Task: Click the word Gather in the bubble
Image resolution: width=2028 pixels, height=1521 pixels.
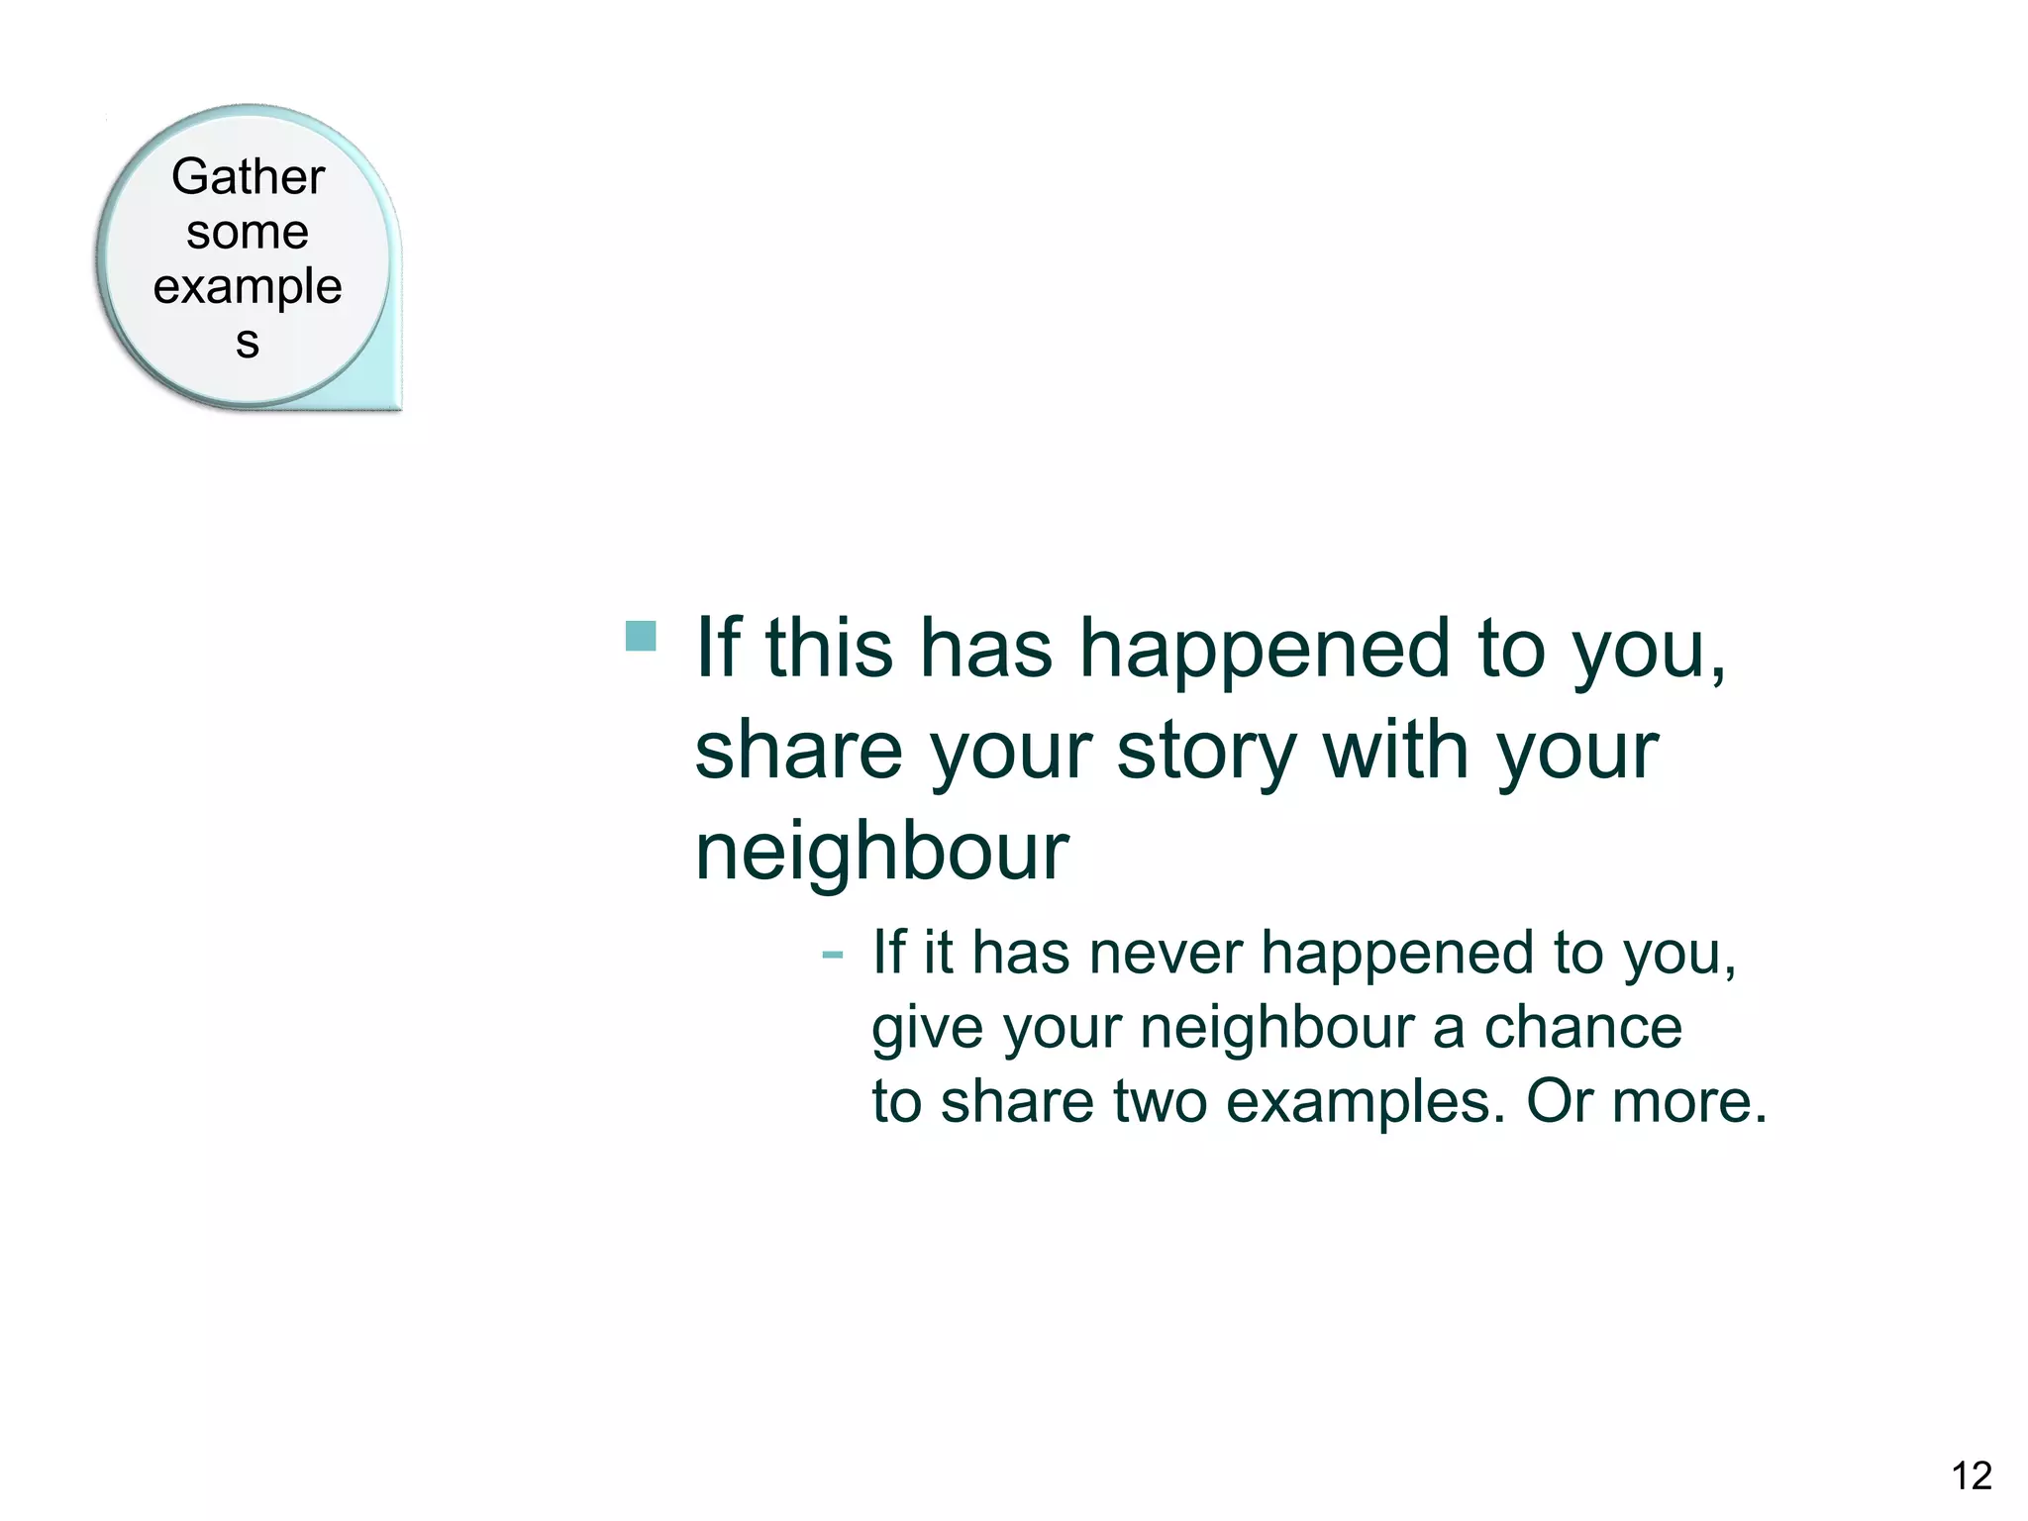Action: tap(248, 177)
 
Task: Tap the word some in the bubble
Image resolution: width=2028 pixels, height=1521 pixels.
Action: tap(248, 233)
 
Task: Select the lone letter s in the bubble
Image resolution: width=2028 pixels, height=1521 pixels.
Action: tap(248, 343)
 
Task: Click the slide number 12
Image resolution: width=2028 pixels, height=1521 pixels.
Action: tap(1971, 1476)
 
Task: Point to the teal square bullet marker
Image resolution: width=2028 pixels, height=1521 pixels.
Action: tap(642, 636)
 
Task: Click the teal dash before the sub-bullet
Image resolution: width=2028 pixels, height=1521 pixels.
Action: tap(832, 955)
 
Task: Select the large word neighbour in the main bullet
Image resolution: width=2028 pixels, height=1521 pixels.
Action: tap(881, 852)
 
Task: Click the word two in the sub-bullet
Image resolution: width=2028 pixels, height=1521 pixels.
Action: tap(1160, 1101)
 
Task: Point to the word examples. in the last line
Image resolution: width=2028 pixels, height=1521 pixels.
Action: tap(1366, 1103)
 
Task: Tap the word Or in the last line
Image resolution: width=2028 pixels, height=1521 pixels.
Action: tap(1559, 1101)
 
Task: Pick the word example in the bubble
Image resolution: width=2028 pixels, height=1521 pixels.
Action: tap(248, 288)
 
